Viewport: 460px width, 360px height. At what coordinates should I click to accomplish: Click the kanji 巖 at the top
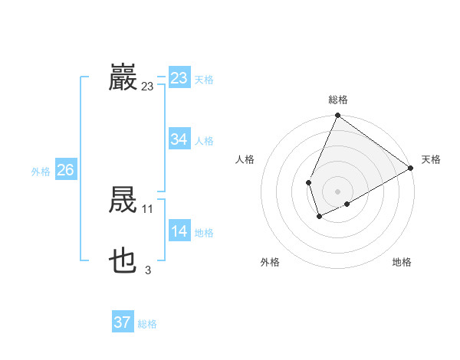point(123,78)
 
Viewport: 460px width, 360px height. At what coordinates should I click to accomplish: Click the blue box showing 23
point(179,78)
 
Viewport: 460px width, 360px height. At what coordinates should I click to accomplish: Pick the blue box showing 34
point(179,139)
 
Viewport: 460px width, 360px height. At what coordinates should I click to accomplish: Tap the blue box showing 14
point(179,231)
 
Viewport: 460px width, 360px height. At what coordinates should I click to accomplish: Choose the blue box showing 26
point(65,170)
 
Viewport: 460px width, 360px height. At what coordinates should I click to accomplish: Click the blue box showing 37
point(122,322)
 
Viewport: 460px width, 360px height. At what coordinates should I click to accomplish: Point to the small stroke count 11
point(148,208)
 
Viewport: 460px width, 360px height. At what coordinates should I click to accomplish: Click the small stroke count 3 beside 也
point(148,270)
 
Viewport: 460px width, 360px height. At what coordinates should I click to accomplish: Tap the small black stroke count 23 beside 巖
point(148,87)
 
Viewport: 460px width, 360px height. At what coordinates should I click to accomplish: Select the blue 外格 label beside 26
point(41,172)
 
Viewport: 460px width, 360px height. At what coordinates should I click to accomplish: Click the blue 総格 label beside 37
point(147,324)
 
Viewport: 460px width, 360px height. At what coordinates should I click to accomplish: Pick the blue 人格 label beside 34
point(204,141)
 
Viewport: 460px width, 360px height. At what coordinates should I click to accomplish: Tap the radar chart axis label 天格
point(431,159)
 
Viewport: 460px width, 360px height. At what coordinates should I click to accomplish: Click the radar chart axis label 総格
point(337,100)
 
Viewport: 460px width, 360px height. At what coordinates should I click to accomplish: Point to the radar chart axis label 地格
point(402,262)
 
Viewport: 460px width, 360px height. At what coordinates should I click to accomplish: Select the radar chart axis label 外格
point(270,262)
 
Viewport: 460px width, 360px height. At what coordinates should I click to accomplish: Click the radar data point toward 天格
point(410,168)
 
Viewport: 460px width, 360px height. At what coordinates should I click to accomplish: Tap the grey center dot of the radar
point(337,191)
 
